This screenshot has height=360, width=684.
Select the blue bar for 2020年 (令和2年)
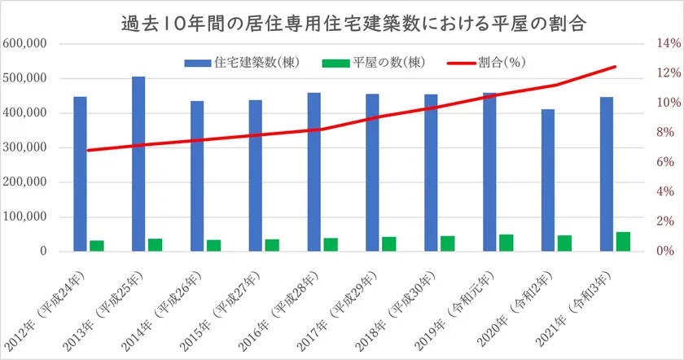(x=547, y=180)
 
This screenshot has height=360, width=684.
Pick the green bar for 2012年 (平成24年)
(x=97, y=246)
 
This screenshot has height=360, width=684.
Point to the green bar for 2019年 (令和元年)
(x=506, y=243)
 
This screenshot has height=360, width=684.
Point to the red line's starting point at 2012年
(x=88, y=151)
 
